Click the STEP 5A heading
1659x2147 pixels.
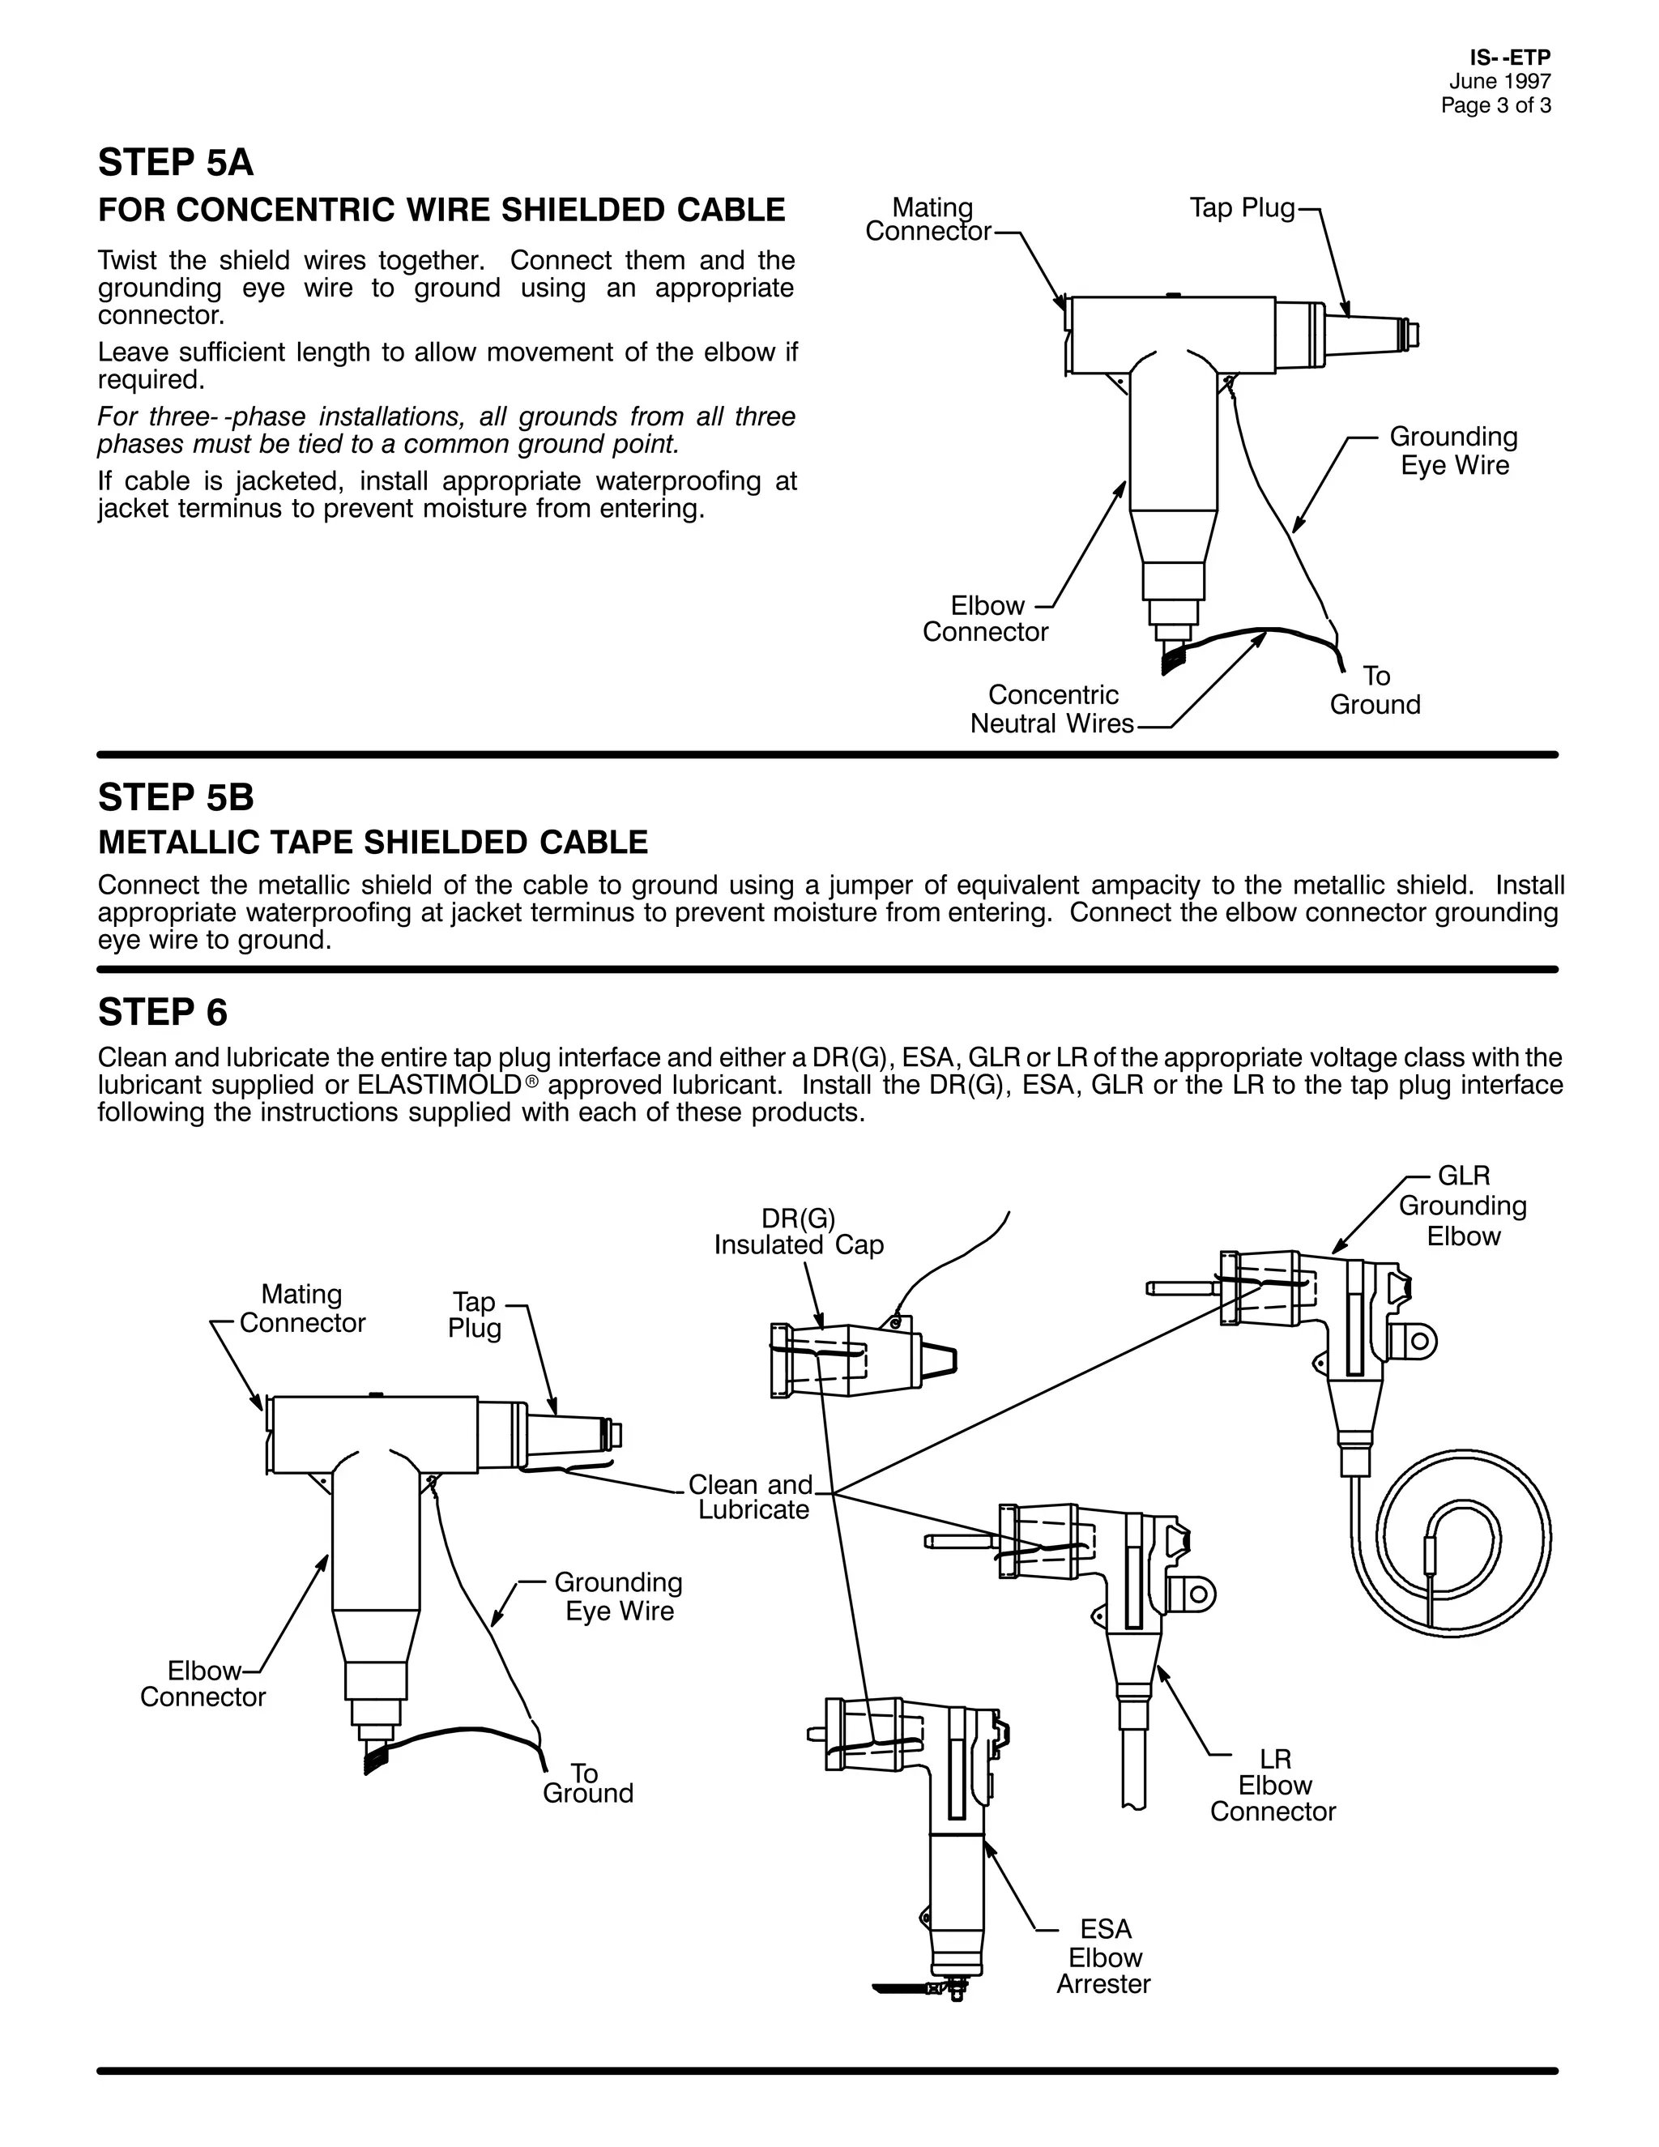coord(176,163)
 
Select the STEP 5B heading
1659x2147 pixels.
coord(176,797)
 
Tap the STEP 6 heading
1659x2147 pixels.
coord(162,1012)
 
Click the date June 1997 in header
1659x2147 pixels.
coord(1499,83)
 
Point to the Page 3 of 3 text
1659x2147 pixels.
coord(1496,106)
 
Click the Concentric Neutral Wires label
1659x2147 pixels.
coord(1052,710)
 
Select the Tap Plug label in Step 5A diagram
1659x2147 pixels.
coord(1243,208)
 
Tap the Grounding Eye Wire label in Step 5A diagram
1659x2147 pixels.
coord(1453,450)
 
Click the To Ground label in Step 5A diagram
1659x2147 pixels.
coord(1375,690)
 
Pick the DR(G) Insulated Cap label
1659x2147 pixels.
coord(799,1231)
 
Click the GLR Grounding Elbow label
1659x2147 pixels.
coord(1464,1206)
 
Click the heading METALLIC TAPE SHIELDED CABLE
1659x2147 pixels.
coord(373,843)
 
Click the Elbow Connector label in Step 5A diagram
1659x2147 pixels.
coord(986,618)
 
